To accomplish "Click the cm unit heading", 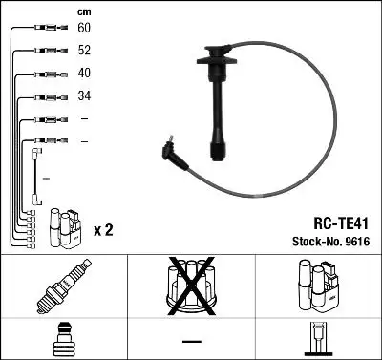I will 83,11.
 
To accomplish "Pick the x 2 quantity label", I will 104,230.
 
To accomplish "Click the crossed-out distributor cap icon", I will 191,286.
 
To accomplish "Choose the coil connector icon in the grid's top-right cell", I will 318,287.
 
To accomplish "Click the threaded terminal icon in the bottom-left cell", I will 62,339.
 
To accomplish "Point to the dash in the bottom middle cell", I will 191,340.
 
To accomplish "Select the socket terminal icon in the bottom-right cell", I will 318,339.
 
